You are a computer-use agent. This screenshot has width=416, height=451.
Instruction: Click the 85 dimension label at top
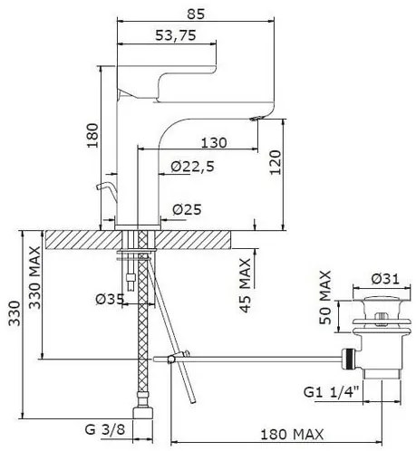tap(196, 14)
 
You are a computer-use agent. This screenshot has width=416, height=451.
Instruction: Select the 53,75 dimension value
tap(176, 35)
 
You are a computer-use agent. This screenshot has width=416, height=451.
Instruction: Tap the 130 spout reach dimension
tap(214, 142)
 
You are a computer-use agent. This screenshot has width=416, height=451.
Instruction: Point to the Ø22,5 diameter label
tap(192, 167)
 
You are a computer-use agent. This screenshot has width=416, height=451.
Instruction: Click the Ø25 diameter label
tap(187, 209)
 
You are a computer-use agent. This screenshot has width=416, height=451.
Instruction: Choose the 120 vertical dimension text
tap(276, 162)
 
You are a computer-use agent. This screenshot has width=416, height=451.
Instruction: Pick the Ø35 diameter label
tap(110, 299)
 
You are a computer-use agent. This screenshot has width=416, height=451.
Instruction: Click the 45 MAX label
tap(246, 285)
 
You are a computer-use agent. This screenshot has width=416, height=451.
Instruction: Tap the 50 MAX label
tap(325, 297)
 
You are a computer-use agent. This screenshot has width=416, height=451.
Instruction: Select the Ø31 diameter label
tap(385, 278)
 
